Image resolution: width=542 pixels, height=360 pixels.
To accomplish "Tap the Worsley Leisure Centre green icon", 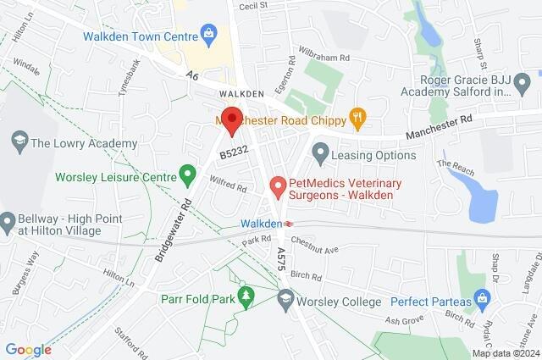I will pos(188,177).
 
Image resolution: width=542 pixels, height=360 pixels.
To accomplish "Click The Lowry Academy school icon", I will pos(18,143).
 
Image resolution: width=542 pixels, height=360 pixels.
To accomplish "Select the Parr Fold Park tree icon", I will pos(246,296).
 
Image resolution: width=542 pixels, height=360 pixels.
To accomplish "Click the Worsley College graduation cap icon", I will pos(285,301).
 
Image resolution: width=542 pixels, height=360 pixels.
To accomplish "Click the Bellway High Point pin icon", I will pos(8,222).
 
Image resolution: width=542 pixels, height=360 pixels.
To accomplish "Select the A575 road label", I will pos(282,259).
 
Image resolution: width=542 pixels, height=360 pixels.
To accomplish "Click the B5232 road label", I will pos(233,153).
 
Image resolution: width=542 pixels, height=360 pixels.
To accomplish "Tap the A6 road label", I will pos(193,76).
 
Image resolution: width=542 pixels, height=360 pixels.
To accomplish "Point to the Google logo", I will pos(28,349).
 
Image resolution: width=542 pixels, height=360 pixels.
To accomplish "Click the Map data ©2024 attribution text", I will pos(506,353).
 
